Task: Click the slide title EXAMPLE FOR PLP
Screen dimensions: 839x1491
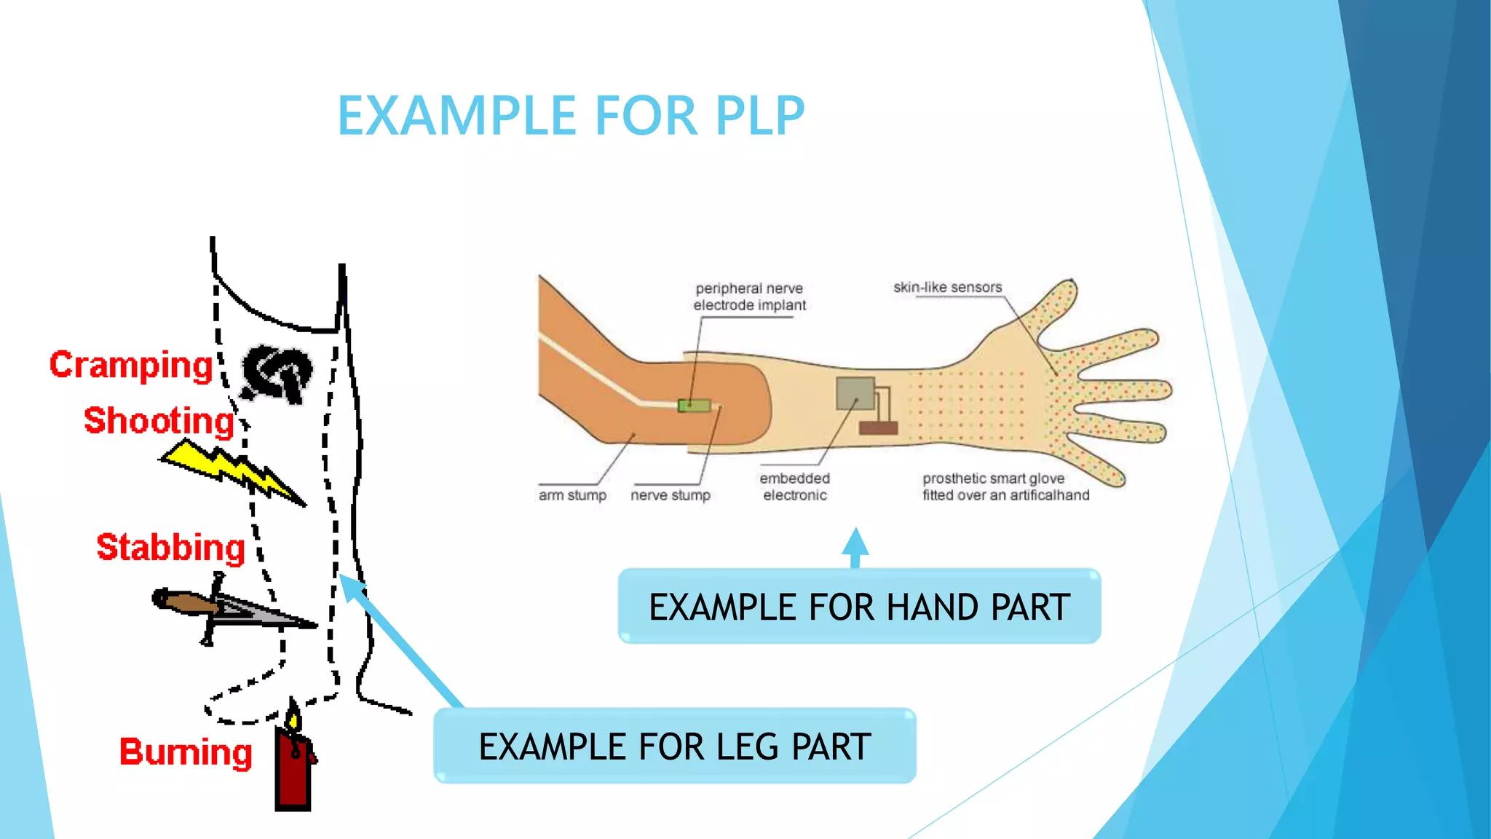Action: click(x=571, y=116)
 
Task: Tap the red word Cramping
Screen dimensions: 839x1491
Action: click(x=131, y=365)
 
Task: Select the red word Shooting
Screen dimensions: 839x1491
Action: click(x=159, y=421)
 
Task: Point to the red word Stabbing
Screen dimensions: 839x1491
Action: click(x=170, y=547)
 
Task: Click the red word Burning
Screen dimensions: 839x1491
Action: click(x=186, y=752)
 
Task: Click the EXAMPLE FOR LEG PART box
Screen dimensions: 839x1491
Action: click(x=674, y=747)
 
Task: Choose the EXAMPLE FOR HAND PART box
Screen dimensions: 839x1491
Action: click(x=859, y=607)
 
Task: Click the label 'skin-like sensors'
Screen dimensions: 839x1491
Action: click(x=947, y=288)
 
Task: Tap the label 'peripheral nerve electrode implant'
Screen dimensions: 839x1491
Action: click(x=749, y=297)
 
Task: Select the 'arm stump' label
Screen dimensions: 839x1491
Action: click(x=572, y=495)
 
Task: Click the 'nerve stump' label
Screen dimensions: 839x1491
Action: click(x=670, y=495)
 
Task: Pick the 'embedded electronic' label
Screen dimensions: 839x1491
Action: click(x=794, y=487)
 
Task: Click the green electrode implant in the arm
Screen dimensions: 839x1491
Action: click(x=694, y=405)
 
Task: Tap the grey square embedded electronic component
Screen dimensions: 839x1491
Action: click(x=855, y=393)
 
